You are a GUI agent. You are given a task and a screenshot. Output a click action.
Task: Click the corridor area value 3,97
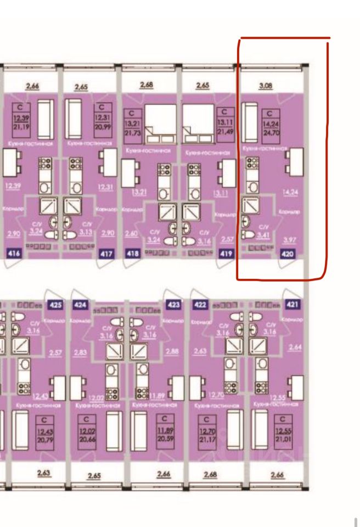288,239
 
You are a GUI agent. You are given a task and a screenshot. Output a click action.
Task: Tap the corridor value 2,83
79,352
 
